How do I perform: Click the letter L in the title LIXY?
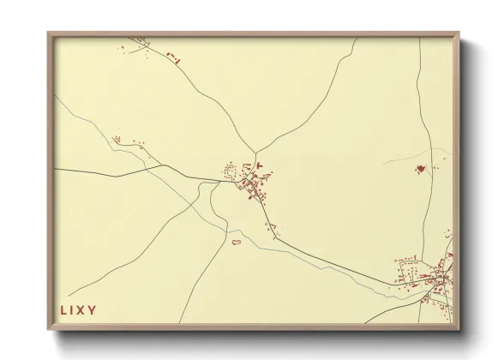[63, 309]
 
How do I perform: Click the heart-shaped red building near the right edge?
[420, 169]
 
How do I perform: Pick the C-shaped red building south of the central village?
[236, 243]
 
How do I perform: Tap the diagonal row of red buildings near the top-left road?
[174, 57]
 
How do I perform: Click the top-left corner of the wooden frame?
[49, 33]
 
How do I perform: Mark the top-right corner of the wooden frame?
[458, 33]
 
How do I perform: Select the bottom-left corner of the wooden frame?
[49, 329]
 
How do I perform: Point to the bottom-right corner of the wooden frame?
[458, 329]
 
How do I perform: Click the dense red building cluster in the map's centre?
[255, 184]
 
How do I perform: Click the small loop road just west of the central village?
[229, 169]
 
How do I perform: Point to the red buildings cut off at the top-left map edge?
[138, 39]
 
